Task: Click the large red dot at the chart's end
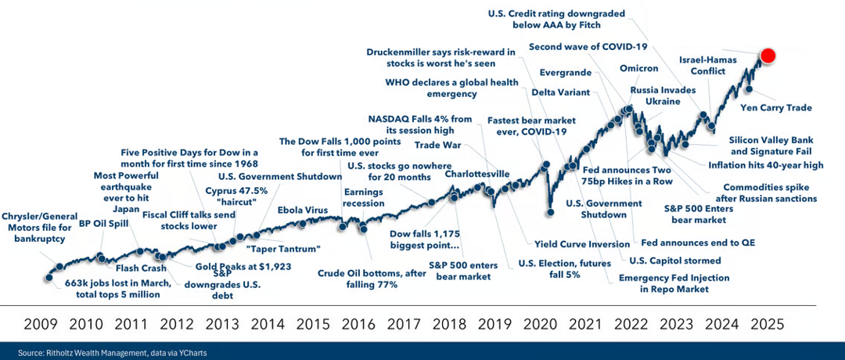point(768,56)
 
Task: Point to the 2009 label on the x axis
point(40,322)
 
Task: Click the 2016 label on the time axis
point(358,322)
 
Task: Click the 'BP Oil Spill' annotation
point(105,223)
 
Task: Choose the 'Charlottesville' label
point(477,174)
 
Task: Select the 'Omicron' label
point(638,68)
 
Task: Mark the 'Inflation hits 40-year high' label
point(764,165)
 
